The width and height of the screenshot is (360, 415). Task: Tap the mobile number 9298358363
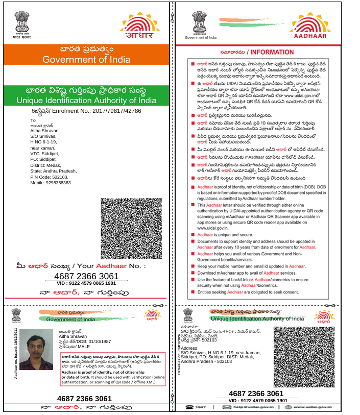(51, 182)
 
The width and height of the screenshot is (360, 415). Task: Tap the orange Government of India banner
(85, 55)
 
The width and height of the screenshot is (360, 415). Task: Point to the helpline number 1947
(199, 407)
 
